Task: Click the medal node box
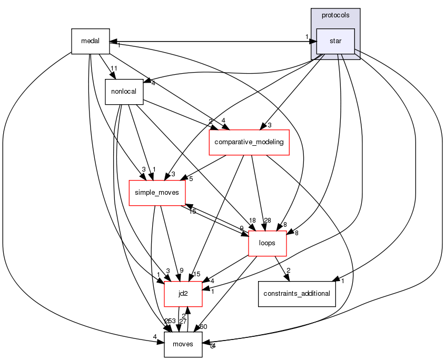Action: tap(90, 41)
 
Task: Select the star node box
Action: tap(335, 41)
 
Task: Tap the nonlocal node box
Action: tap(124, 91)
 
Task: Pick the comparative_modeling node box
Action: tap(250, 142)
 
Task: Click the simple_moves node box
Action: tap(157, 193)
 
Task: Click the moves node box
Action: tap(183, 344)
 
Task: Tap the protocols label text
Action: tap(335, 15)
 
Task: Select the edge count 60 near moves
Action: tap(203, 327)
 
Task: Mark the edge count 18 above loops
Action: tap(253, 220)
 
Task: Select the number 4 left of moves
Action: tap(155, 336)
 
